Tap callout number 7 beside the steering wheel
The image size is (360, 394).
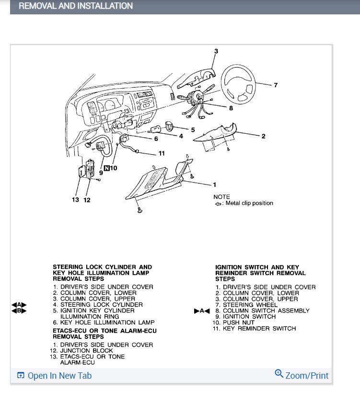point(276,85)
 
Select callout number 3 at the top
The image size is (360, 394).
point(216,51)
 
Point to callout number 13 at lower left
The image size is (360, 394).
point(75,200)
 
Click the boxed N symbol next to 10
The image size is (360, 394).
point(107,168)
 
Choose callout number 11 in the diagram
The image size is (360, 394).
point(162,153)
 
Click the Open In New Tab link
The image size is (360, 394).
point(59,376)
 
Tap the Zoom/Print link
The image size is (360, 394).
point(307,375)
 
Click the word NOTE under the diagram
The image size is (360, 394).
point(221,197)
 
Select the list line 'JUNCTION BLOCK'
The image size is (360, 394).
point(84,351)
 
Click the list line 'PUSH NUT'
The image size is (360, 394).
point(239,323)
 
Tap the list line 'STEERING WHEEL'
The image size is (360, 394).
point(250,305)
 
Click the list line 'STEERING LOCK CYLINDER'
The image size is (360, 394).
point(101,304)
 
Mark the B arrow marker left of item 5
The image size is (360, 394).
point(19,311)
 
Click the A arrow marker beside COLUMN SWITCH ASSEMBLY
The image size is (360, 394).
point(202,311)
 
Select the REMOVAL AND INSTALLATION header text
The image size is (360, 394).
point(75,6)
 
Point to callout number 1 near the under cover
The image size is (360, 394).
point(215,185)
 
